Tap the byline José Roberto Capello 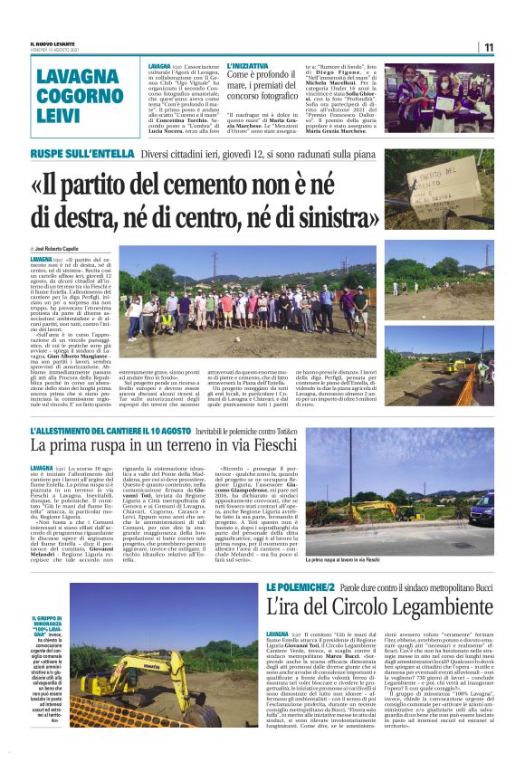(58, 247)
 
